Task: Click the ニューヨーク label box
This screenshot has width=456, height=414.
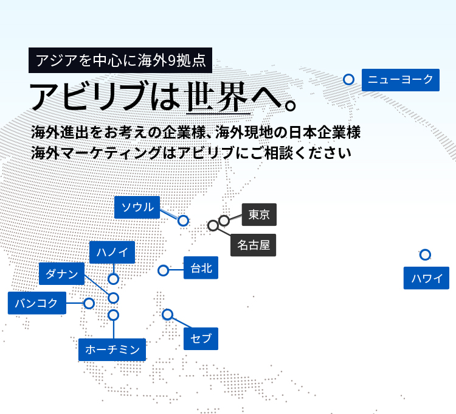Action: point(401,80)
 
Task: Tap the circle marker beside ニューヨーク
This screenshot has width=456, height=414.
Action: point(349,80)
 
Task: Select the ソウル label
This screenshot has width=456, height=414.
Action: point(137,207)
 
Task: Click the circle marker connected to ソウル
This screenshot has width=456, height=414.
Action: point(183,220)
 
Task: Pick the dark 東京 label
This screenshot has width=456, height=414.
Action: point(259,214)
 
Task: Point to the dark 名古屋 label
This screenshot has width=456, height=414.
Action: point(254,245)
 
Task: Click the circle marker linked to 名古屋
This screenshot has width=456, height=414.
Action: point(213,225)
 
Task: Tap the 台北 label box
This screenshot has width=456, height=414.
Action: point(201,268)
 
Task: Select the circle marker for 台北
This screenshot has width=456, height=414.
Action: point(164,270)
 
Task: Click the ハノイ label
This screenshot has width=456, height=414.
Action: point(112,252)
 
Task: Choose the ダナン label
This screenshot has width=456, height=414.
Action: point(61,274)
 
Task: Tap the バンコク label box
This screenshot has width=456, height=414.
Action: point(37,303)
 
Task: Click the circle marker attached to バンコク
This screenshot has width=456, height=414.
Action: point(89,303)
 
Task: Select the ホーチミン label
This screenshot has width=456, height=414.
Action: point(112,349)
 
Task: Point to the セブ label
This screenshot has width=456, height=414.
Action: point(201,339)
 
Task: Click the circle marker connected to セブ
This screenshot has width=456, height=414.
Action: point(168,314)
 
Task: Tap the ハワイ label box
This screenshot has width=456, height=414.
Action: point(426,278)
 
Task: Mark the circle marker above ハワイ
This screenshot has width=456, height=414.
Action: point(425,254)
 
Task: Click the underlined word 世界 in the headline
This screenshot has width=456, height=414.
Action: point(218,97)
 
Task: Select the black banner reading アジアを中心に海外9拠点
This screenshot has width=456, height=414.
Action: point(120,60)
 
